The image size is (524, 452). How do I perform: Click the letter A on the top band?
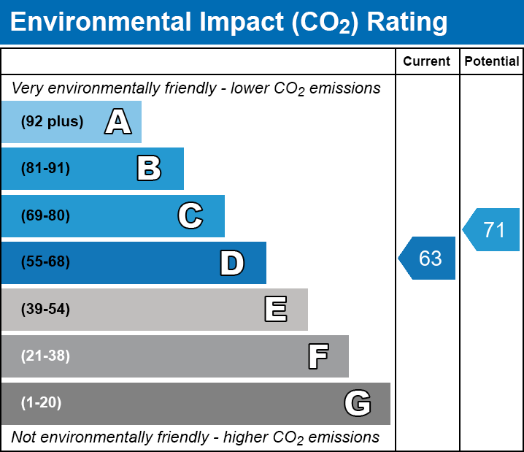pyautogui.click(x=117, y=122)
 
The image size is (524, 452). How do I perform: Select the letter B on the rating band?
pyautogui.click(x=149, y=169)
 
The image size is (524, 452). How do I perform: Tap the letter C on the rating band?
pyautogui.click(x=190, y=216)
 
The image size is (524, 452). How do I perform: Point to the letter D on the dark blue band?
pyautogui.click(x=232, y=263)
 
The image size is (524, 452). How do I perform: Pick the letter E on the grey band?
pyautogui.click(x=275, y=310)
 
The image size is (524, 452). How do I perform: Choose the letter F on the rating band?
pyautogui.click(x=317, y=356)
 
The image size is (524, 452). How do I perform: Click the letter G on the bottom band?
pyautogui.click(x=358, y=403)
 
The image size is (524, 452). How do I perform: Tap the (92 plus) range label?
pyautogui.click(x=52, y=122)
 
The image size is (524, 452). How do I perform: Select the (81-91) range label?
pyautogui.click(x=45, y=169)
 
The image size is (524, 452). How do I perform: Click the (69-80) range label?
pyautogui.click(x=45, y=216)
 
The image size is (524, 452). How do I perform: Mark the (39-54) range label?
pyautogui.click(x=45, y=310)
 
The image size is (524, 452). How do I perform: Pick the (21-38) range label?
pyautogui.click(x=45, y=356)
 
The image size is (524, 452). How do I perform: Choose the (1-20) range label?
pyautogui.click(x=42, y=403)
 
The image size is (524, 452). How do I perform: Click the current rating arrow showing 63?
pyautogui.click(x=428, y=258)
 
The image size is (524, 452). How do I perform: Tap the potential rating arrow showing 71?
pyautogui.click(x=492, y=230)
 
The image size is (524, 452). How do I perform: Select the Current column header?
pyautogui.click(x=427, y=62)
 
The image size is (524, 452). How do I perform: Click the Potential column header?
pyautogui.click(x=492, y=62)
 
